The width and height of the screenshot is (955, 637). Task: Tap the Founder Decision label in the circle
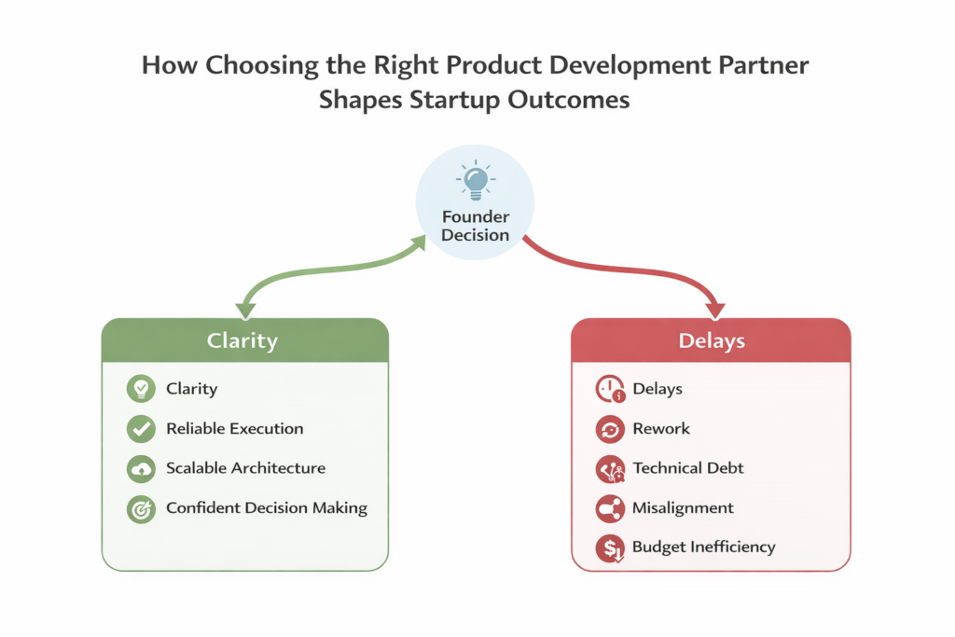pyautogui.click(x=475, y=226)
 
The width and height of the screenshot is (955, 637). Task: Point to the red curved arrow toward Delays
pyautogui.click(x=634, y=270)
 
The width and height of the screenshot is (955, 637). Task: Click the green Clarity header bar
pyautogui.click(x=244, y=340)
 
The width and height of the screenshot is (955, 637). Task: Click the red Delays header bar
pyautogui.click(x=711, y=340)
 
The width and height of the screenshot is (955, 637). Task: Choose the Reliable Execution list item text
pyautogui.click(x=234, y=429)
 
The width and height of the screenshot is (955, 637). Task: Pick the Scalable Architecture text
pyautogui.click(x=245, y=468)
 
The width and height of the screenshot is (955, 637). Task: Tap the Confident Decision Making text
pyautogui.click(x=267, y=508)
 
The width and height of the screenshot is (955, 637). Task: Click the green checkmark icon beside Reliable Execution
pyautogui.click(x=141, y=429)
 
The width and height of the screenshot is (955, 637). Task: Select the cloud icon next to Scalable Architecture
pyautogui.click(x=141, y=468)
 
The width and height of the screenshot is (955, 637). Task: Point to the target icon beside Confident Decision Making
pyautogui.click(x=141, y=509)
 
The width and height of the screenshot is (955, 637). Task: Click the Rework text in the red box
pyautogui.click(x=661, y=429)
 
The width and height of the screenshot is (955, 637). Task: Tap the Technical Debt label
pyautogui.click(x=688, y=468)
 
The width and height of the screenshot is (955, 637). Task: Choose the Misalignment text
pyautogui.click(x=683, y=508)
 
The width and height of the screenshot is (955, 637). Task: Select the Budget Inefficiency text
pyautogui.click(x=703, y=547)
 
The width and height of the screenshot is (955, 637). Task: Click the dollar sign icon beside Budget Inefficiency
pyautogui.click(x=610, y=548)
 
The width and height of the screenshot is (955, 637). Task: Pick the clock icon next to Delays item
pyautogui.click(x=610, y=390)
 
